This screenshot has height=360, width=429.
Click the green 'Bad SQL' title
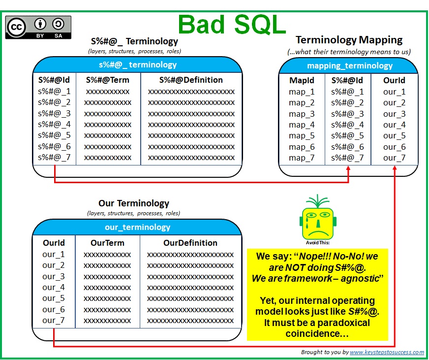(232, 25)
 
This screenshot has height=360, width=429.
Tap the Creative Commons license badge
(38, 27)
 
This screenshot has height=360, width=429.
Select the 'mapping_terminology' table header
(350, 66)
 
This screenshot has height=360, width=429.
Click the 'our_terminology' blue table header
(137, 227)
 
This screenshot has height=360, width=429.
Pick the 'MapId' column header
(302, 80)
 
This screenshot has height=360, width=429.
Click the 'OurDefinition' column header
(190, 243)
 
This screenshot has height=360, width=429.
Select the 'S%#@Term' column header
(108, 80)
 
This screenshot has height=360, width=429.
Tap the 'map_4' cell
(302, 125)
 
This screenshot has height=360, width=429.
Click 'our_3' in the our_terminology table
(53, 277)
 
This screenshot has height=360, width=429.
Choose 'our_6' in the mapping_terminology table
(394, 147)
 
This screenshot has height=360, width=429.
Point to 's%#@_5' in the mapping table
(347, 135)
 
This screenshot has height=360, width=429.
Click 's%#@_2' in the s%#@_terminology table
(54, 102)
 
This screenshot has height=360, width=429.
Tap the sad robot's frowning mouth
(318, 232)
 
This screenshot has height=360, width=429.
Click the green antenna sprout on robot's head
(317, 201)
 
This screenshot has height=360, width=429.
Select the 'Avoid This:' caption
(318, 243)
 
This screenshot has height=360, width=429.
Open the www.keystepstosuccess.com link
(387, 352)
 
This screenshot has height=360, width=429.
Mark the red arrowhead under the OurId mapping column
(395, 167)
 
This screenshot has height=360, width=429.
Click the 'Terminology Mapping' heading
(349, 40)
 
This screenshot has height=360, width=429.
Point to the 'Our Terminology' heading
(134, 203)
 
